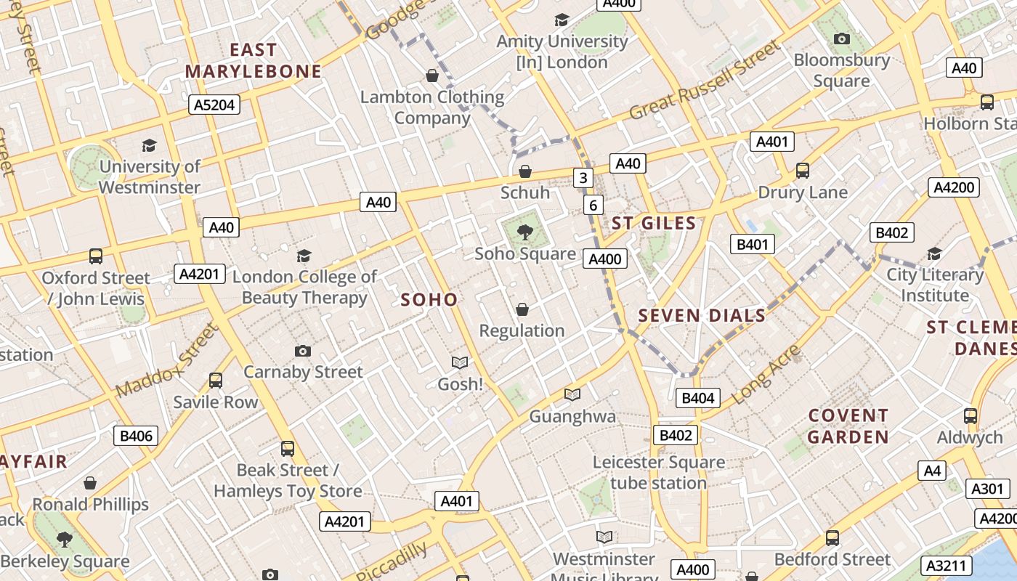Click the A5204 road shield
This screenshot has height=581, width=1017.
coord(214,105)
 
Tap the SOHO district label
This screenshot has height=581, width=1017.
coord(429,299)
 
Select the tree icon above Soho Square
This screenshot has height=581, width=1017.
coord(524,233)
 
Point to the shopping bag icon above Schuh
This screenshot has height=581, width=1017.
coord(525,171)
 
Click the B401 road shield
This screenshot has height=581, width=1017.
coord(752,244)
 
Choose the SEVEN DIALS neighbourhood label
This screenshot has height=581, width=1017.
coord(702,315)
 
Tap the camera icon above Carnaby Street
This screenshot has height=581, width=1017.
coord(303,352)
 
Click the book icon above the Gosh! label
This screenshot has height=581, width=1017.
coord(459,362)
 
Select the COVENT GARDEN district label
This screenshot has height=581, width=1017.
coord(848,426)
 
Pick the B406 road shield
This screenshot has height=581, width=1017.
coord(136,436)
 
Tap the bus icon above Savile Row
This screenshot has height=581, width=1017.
coord(216,381)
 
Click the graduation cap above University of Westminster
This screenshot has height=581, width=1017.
coord(150,145)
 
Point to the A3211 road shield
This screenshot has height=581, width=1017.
coord(947,565)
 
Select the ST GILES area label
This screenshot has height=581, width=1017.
coord(654,223)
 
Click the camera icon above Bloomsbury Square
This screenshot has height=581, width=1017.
coord(842,39)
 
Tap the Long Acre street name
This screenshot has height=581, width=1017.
coord(766,375)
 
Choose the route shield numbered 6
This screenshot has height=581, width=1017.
coord(593,205)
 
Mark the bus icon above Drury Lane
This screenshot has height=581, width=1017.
coord(803,171)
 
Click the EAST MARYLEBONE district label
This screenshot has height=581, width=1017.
coord(253,60)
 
